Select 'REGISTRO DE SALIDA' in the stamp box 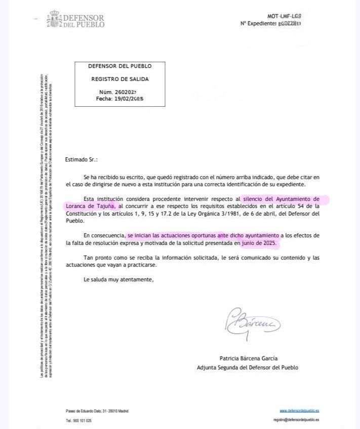click(119, 79)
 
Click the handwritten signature click(252, 320)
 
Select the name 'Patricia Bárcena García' click(248, 358)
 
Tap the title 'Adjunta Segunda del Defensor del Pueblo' click(248, 367)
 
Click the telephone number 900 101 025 click(78, 420)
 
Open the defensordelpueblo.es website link click(299, 411)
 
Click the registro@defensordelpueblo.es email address click(296, 420)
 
